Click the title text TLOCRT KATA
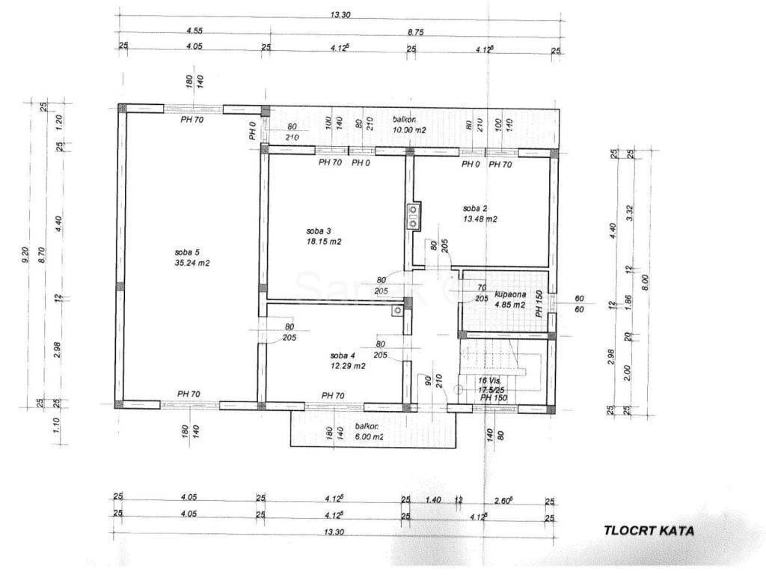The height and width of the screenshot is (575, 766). pyautogui.click(x=649, y=530)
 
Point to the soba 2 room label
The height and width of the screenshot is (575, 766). pyautogui.click(x=475, y=208)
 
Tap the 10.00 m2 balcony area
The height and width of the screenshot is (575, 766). pyautogui.click(x=410, y=130)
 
